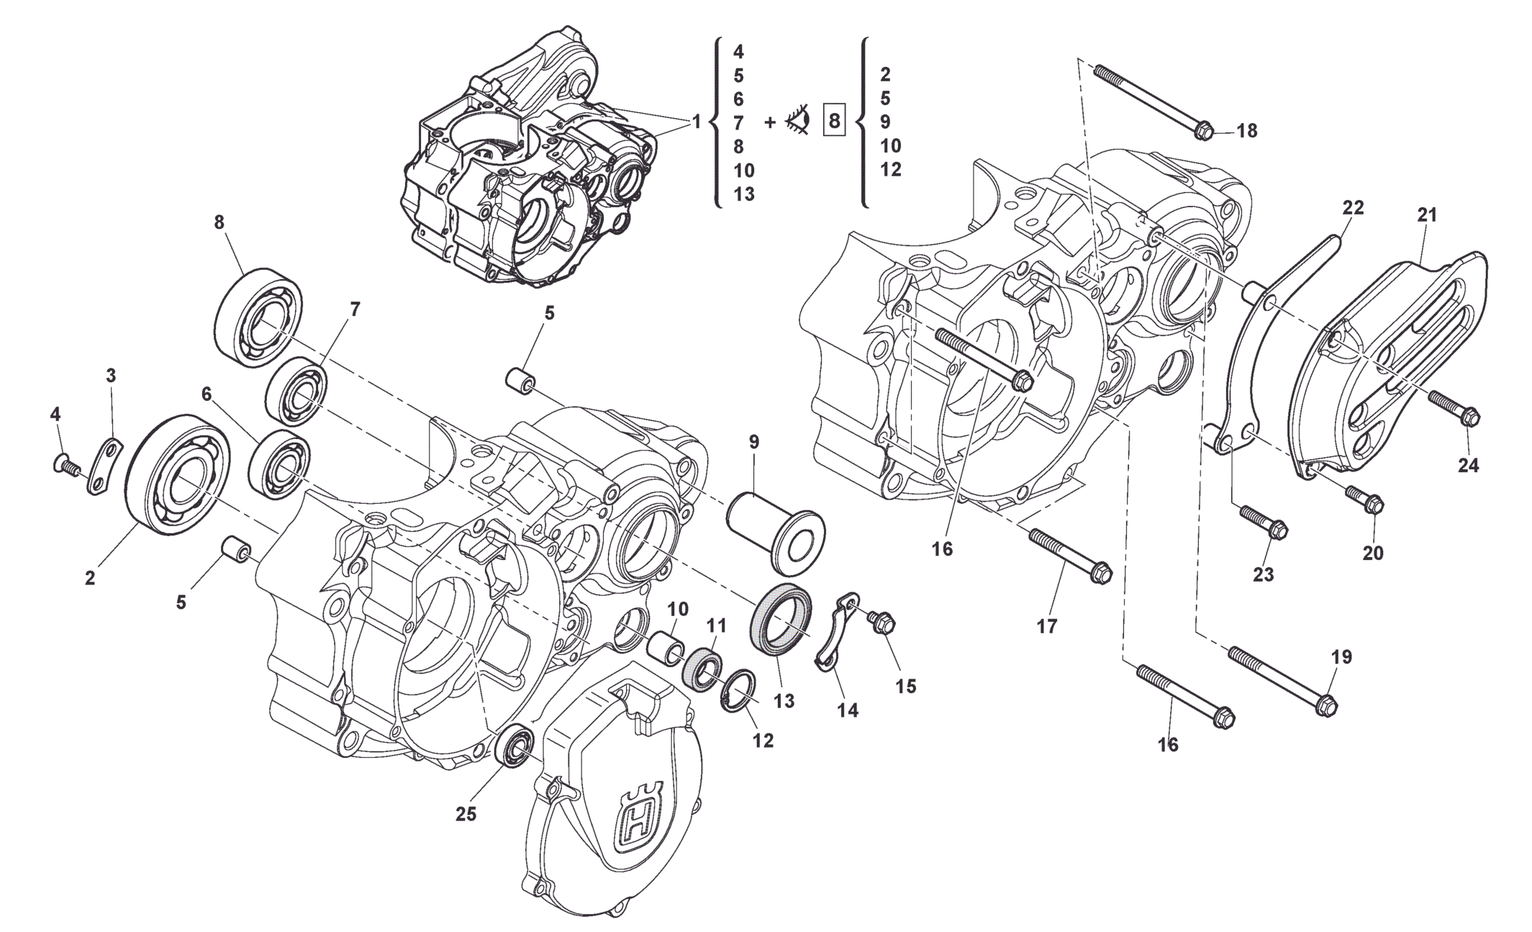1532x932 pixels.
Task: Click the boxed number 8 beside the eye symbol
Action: [x=834, y=121]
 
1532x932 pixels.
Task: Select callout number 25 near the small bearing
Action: [x=466, y=814]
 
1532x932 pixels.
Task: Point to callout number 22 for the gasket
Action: [x=1353, y=208]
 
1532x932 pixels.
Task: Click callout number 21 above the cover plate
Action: [x=1427, y=214]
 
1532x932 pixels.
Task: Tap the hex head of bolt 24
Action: [x=1470, y=417]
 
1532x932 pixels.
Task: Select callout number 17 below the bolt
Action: [x=1047, y=626]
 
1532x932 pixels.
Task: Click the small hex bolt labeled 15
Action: [x=882, y=623]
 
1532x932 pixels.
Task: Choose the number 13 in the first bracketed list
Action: [x=743, y=194]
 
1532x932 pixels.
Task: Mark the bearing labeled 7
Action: [x=297, y=392]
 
